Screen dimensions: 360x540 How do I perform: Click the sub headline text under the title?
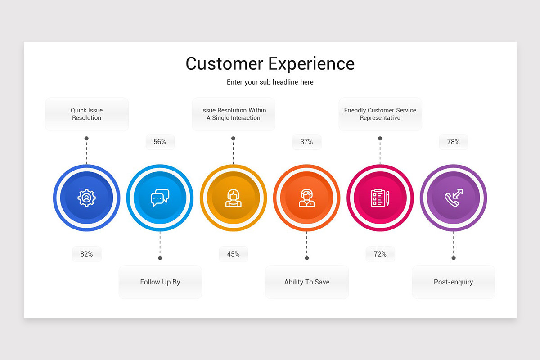[x=270, y=82]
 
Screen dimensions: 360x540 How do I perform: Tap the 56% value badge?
[x=160, y=142]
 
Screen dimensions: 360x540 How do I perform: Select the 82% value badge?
[x=86, y=254]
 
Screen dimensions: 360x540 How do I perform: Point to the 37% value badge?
[x=306, y=142]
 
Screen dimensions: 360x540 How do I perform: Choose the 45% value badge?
[x=233, y=254]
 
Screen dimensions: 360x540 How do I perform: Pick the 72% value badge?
[x=380, y=254]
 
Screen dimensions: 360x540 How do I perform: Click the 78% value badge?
[x=453, y=142]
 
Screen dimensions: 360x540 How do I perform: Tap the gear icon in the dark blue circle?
[x=86, y=198]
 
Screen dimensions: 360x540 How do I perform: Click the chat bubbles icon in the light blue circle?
[x=160, y=198]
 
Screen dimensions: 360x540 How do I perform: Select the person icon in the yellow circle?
[x=233, y=198]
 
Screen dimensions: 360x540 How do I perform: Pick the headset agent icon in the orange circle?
[x=306, y=198]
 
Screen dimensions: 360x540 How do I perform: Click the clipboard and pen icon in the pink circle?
[x=380, y=198]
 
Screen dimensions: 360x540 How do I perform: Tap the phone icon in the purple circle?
[x=453, y=198]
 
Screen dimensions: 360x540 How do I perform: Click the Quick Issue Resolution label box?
[x=86, y=114]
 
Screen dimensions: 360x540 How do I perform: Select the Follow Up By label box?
[x=160, y=282]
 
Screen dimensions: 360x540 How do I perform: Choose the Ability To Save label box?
[x=306, y=282]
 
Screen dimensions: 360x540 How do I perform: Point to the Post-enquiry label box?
[x=453, y=282]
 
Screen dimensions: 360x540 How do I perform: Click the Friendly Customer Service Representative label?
[x=380, y=114]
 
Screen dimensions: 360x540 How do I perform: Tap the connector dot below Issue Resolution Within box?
[x=233, y=139]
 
